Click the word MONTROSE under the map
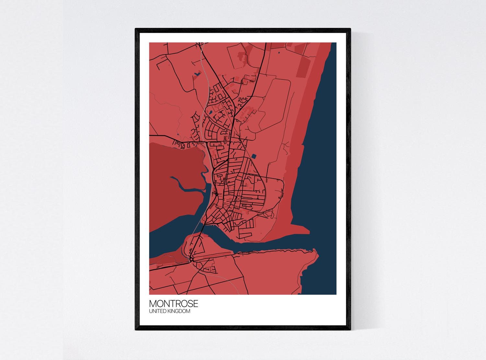(x=173, y=304)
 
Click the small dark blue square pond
(x=253, y=156)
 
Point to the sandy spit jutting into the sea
(x=298, y=228)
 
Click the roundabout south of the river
(x=192, y=259)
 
